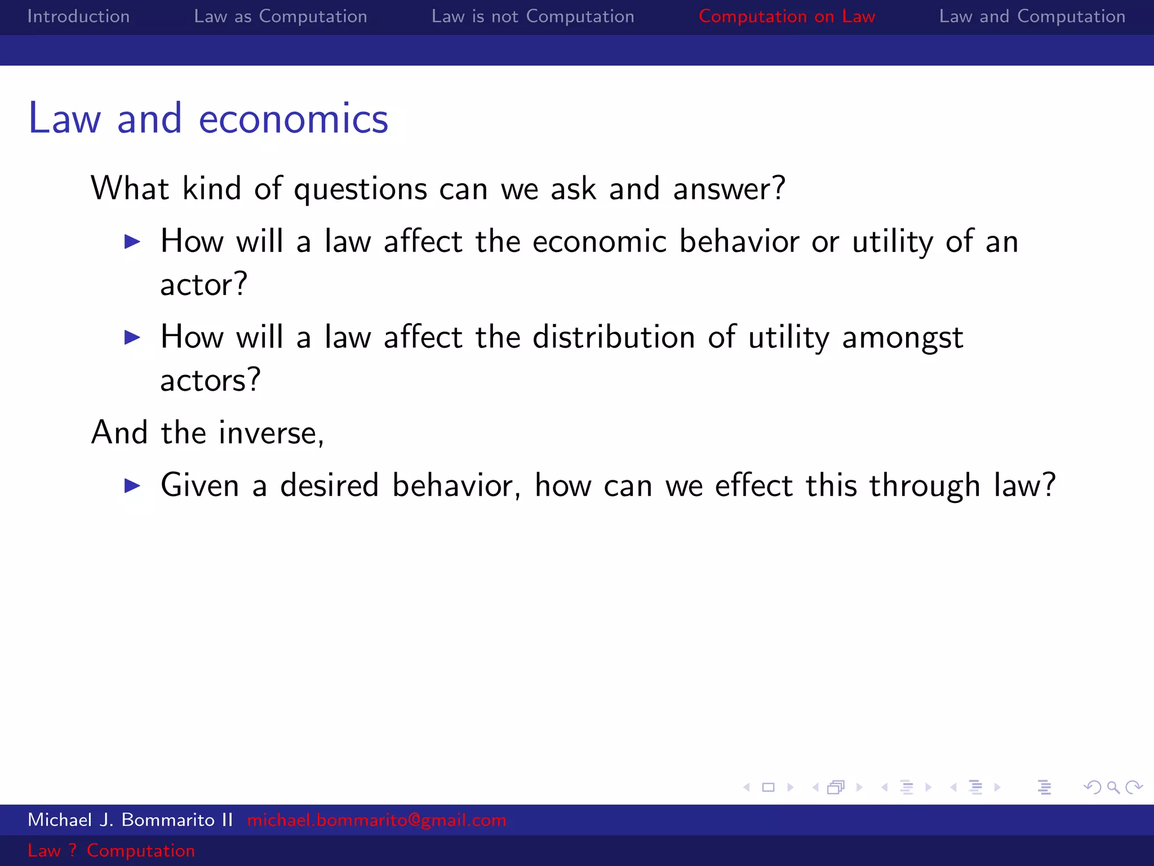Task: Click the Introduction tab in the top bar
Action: pyautogui.click(x=78, y=16)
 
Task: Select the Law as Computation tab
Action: pyautogui.click(x=280, y=16)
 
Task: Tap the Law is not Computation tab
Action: pyautogui.click(x=532, y=16)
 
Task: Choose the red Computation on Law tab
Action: pyautogui.click(x=787, y=16)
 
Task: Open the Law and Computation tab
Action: pyautogui.click(x=1032, y=16)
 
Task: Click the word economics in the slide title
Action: pyautogui.click(x=293, y=119)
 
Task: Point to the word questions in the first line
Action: pyautogui.click(x=360, y=189)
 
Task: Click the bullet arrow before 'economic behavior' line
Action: pyautogui.click(x=132, y=242)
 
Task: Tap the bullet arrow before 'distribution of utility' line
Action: pyautogui.click(x=132, y=338)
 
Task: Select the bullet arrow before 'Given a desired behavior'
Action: pyautogui.click(x=132, y=485)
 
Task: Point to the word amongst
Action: pyautogui.click(x=902, y=338)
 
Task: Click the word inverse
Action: pyautogui.click(x=270, y=433)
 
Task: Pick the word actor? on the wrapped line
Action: pyautogui.click(x=203, y=284)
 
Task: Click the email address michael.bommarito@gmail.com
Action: pyautogui.click(x=376, y=820)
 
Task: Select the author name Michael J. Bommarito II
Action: pyautogui.click(x=130, y=820)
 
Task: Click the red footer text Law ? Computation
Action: pyautogui.click(x=111, y=850)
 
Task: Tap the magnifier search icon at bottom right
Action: pyautogui.click(x=1113, y=787)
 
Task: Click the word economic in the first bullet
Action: pyautogui.click(x=600, y=242)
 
